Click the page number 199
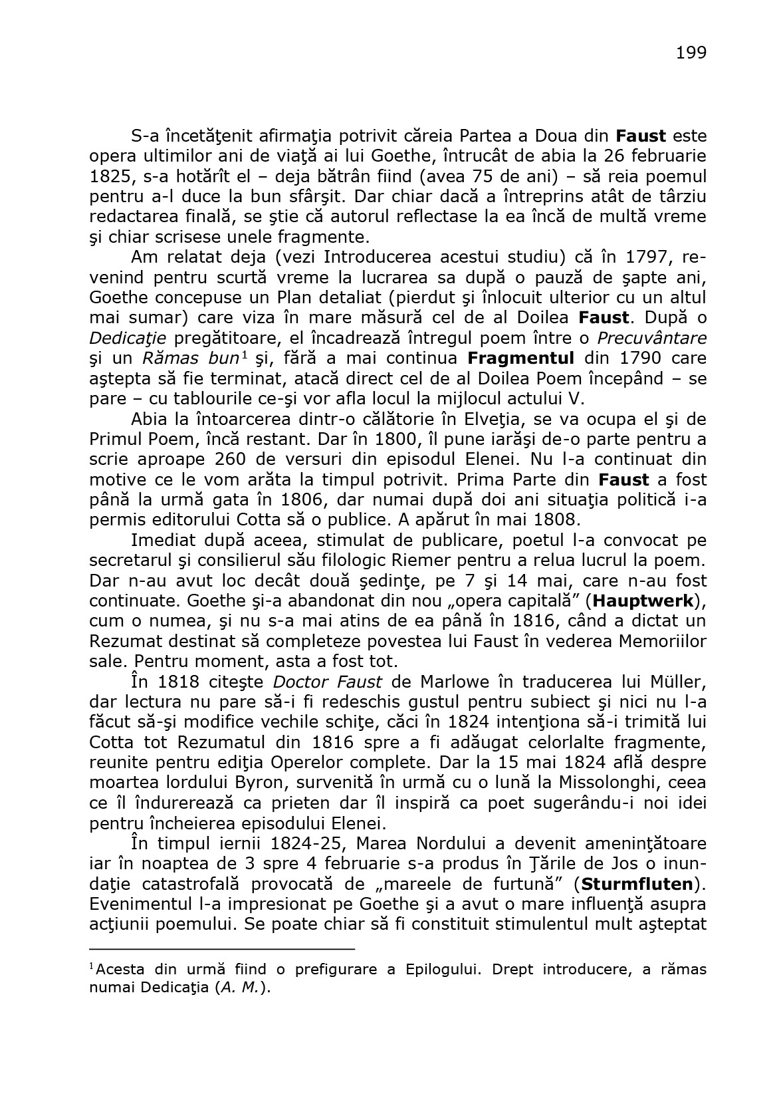tap(691, 53)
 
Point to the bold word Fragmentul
tap(521, 358)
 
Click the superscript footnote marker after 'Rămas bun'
tap(245, 354)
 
